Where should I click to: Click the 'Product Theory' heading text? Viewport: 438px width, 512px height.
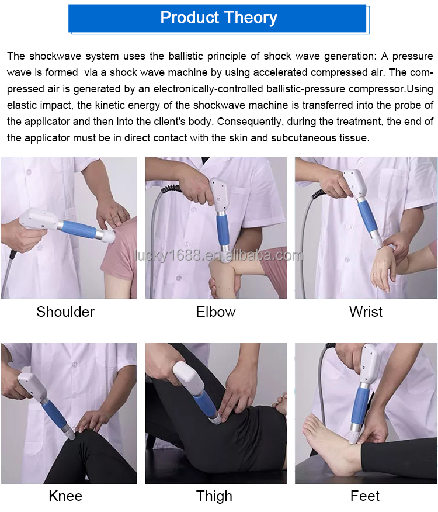click(218, 18)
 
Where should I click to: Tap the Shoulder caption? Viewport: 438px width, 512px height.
click(65, 312)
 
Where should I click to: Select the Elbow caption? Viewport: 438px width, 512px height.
click(215, 312)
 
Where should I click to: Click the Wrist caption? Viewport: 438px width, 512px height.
click(366, 312)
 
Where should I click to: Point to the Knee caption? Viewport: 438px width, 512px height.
click(65, 496)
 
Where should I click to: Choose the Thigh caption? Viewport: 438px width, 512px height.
click(214, 496)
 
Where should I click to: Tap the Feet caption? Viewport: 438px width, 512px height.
click(365, 496)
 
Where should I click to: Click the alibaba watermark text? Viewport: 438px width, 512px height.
click(219, 255)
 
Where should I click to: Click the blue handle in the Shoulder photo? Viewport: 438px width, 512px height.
click(79, 229)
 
